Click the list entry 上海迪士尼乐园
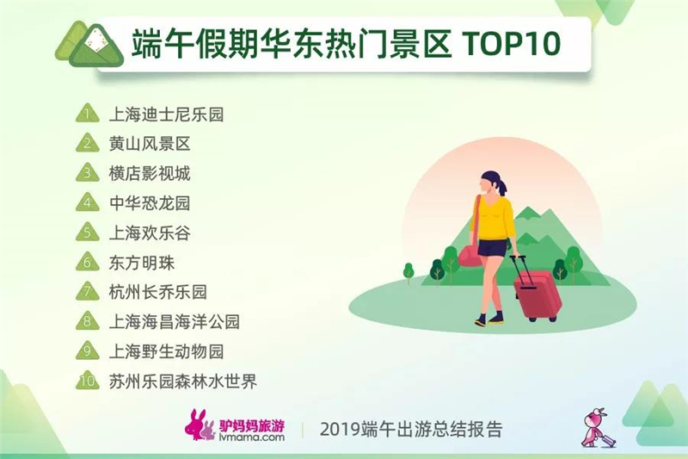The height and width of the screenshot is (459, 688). (166, 115)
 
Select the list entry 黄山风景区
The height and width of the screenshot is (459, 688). (150, 144)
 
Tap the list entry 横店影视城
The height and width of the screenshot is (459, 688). (150, 173)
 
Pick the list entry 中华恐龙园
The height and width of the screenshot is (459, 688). (150, 203)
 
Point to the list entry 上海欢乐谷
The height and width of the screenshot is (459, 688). (150, 233)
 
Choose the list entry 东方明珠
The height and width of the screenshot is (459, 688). (142, 263)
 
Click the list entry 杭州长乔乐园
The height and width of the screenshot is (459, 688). (158, 292)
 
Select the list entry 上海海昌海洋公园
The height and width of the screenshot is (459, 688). (175, 322)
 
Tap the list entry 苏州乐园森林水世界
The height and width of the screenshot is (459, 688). (182, 381)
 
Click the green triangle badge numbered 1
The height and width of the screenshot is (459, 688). (88, 114)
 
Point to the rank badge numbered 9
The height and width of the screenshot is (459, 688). (88, 350)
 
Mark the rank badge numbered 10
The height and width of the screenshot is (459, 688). (88, 381)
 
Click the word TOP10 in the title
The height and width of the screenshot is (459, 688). (512, 43)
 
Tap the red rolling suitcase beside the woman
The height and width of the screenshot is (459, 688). (536, 290)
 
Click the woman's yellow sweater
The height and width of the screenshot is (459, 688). (496, 219)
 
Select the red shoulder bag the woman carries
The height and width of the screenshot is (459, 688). (470, 256)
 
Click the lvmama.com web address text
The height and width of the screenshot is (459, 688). (251, 437)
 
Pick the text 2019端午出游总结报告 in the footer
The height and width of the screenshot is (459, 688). (411, 429)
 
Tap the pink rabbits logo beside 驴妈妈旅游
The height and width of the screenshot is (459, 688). (200, 425)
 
